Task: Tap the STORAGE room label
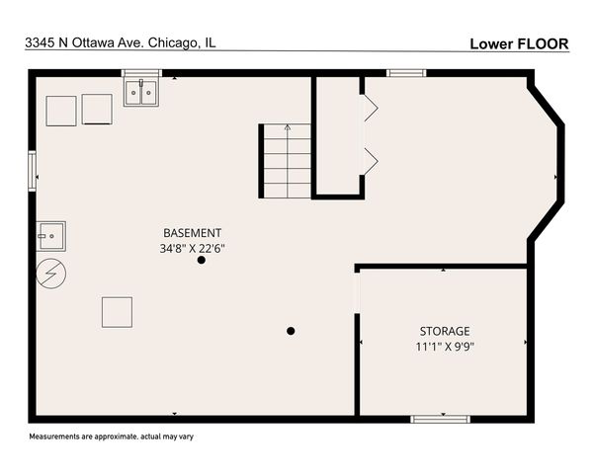click(x=445, y=331)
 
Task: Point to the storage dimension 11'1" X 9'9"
click(x=445, y=346)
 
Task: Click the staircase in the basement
click(x=287, y=160)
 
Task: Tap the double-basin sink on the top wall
click(x=143, y=93)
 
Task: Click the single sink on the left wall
click(x=50, y=236)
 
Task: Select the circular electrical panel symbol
click(x=50, y=274)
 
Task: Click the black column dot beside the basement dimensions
click(x=202, y=261)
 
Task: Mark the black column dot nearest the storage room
click(x=291, y=331)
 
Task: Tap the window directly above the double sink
click(x=141, y=72)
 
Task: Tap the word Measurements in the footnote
click(x=54, y=436)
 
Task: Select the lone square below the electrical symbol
click(x=117, y=312)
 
